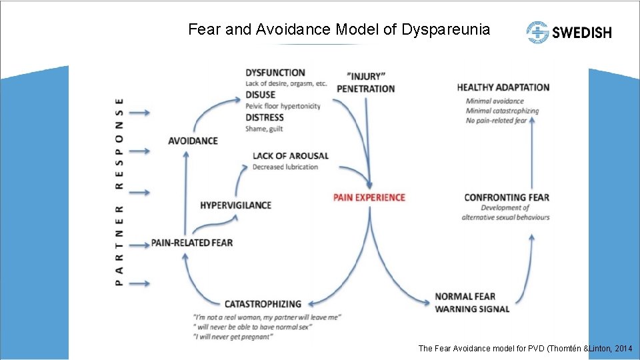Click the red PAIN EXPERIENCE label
[x=370, y=197]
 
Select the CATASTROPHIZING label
[x=263, y=304]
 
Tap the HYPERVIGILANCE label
[x=235, y=205]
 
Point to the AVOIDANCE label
[x=193, y=141]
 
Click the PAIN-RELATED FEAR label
[x=192, y=243]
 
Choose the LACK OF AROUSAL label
[x=290, y=156]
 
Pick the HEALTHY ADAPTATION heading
[x=503, y=87]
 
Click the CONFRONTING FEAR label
[x=507, y=197]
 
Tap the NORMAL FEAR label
[x=465, y=297]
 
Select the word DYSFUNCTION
[x=275, y=73]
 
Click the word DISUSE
[x=260, y=95]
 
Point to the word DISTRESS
[x=264, y=118]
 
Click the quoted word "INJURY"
[x=366, y=75]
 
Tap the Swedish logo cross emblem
[x=537, y=32]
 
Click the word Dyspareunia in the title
[x=445, y=29]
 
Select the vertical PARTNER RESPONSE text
[x=119, y=192]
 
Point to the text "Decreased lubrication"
[x=285, y=167]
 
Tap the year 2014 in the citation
[x=623, y=349]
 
